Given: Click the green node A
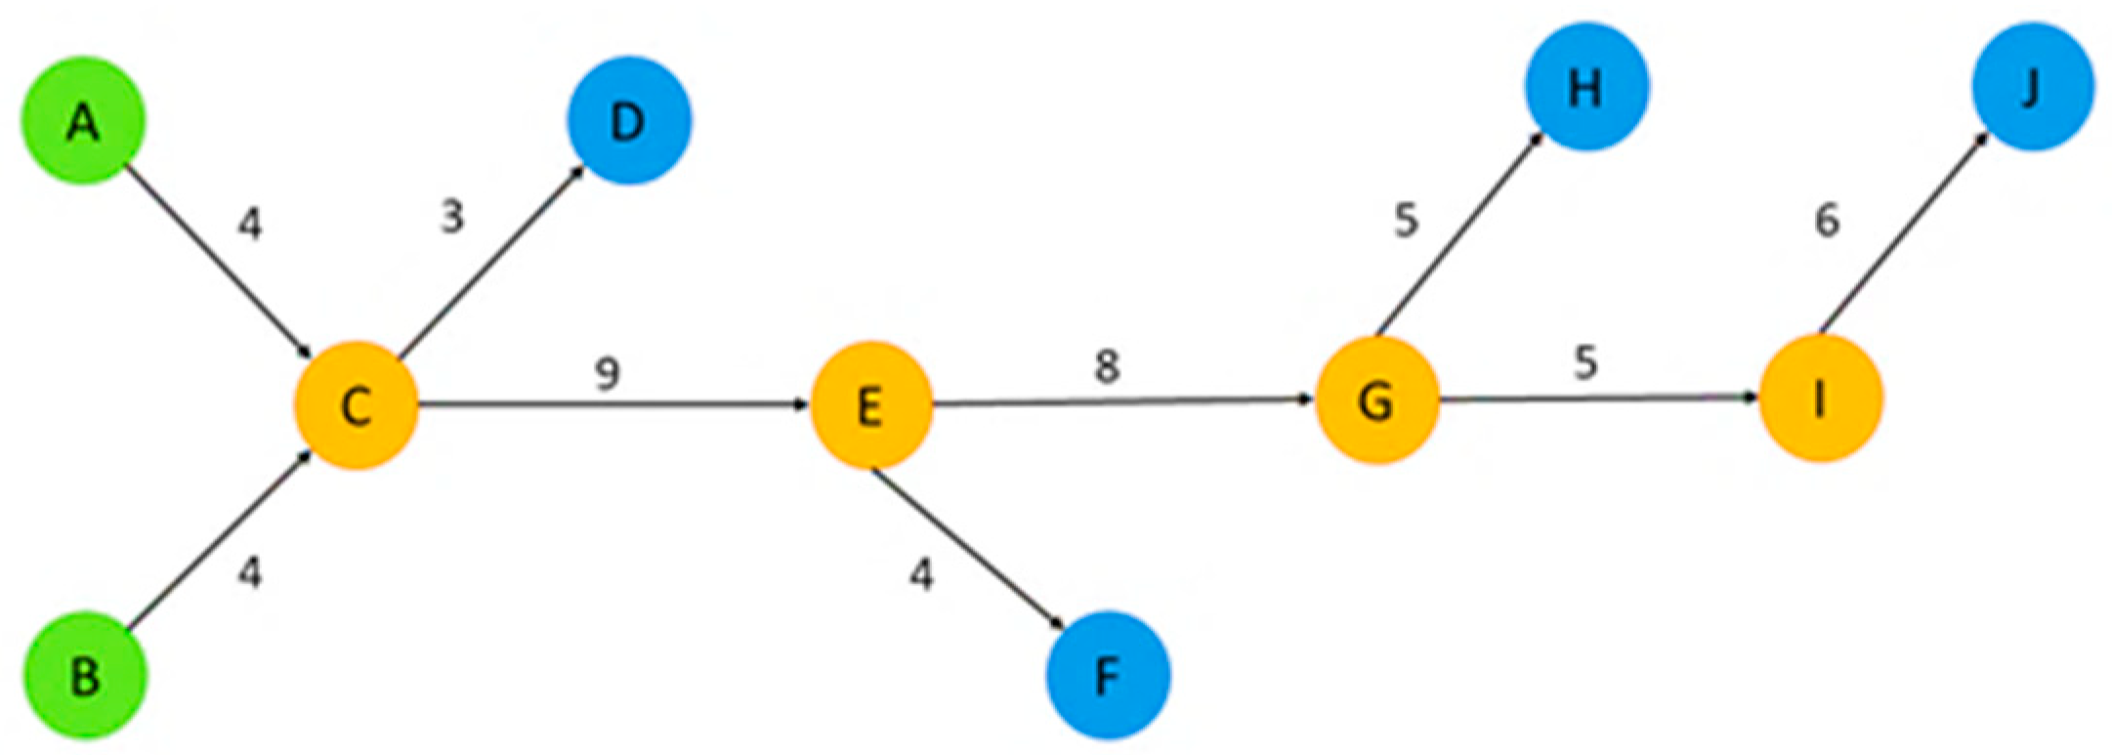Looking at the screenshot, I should [x=84, y=121].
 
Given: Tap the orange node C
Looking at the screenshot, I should [x=357, y=404].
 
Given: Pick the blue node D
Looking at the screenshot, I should [x=628, y=121].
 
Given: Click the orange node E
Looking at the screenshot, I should [x=871, y=404].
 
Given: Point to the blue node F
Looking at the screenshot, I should [x=1107, y=675].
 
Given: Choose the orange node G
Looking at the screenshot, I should [x=1376, y=400].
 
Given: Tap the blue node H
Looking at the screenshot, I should [x=1586, y=88].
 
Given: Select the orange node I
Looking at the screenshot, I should [x=1820, y=398].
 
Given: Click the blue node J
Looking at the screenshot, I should [x=2032, y=88].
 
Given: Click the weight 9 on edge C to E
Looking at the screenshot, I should [x=608, y=372].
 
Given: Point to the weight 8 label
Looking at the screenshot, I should [x=1106, y=366].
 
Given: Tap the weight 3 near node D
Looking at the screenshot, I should [x=451, y=216].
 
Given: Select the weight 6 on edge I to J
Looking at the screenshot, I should [x=1827, y=221].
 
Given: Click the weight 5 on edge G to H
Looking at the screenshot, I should [x=1406, y=221].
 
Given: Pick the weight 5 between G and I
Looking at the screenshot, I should [x=1585, y=362].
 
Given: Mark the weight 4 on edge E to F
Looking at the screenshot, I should [x=921, y=574].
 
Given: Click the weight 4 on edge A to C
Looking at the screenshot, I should [x=250, y=225].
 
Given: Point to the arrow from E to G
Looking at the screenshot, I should [x=1123, y=401].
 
